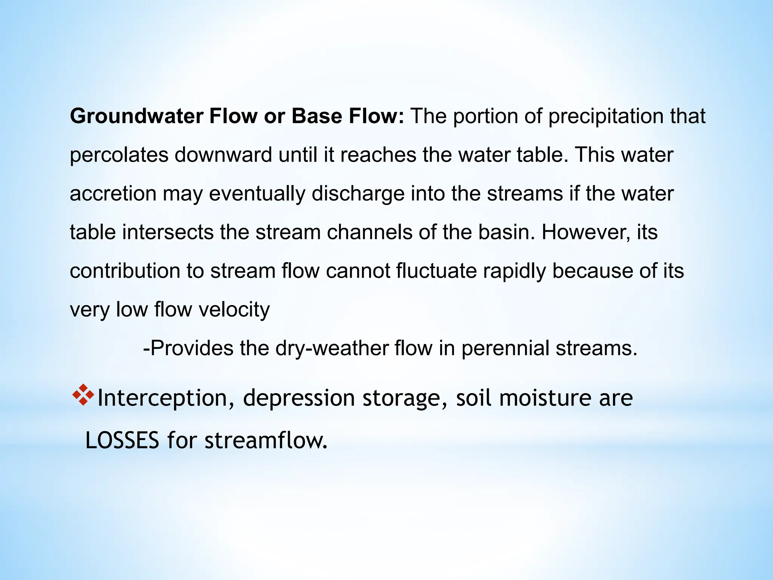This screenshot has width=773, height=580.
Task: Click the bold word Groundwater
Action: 137,116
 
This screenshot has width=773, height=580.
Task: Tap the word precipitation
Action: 605,116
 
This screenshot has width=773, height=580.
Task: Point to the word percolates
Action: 119,155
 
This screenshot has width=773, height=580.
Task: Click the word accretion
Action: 113,194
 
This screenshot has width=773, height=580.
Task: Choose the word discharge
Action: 358,194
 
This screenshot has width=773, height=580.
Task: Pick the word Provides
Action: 192,348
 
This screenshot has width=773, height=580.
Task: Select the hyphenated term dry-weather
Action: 332,348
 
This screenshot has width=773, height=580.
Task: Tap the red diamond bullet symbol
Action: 83,395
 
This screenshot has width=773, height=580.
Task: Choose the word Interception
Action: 162,398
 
